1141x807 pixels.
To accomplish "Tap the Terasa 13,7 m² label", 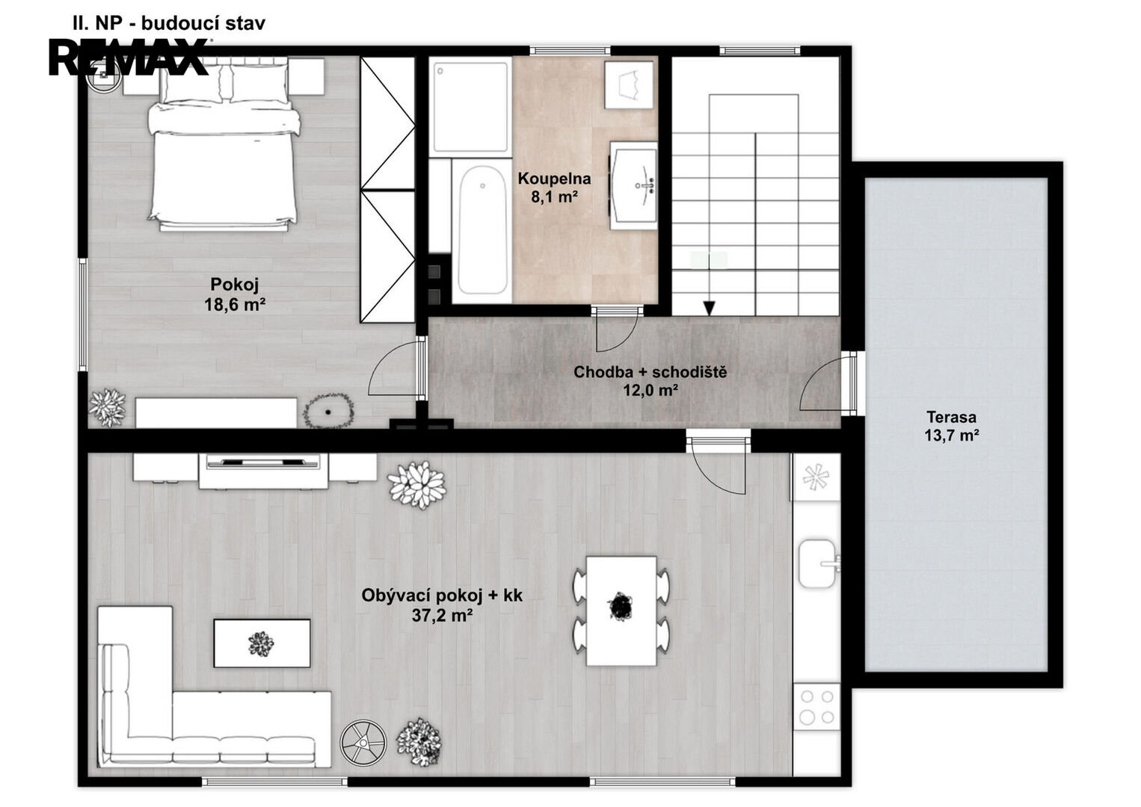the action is click(952, 426).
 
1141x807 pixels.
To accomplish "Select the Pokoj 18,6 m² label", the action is click(235, 294).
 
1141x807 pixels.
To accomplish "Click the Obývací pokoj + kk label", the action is click(442, 596).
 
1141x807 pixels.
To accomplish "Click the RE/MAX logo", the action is click(129, 57).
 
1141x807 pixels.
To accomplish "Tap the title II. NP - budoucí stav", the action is click(169, 23).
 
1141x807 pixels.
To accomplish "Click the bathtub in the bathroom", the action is click(482, 230).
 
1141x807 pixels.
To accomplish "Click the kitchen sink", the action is click(818, 563).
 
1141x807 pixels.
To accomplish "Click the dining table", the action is click(621, 610).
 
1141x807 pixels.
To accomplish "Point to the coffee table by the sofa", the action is click(262, 643).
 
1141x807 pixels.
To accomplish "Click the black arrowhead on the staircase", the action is click(709, 308).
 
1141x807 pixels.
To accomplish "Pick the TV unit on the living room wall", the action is click(263, 471).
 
